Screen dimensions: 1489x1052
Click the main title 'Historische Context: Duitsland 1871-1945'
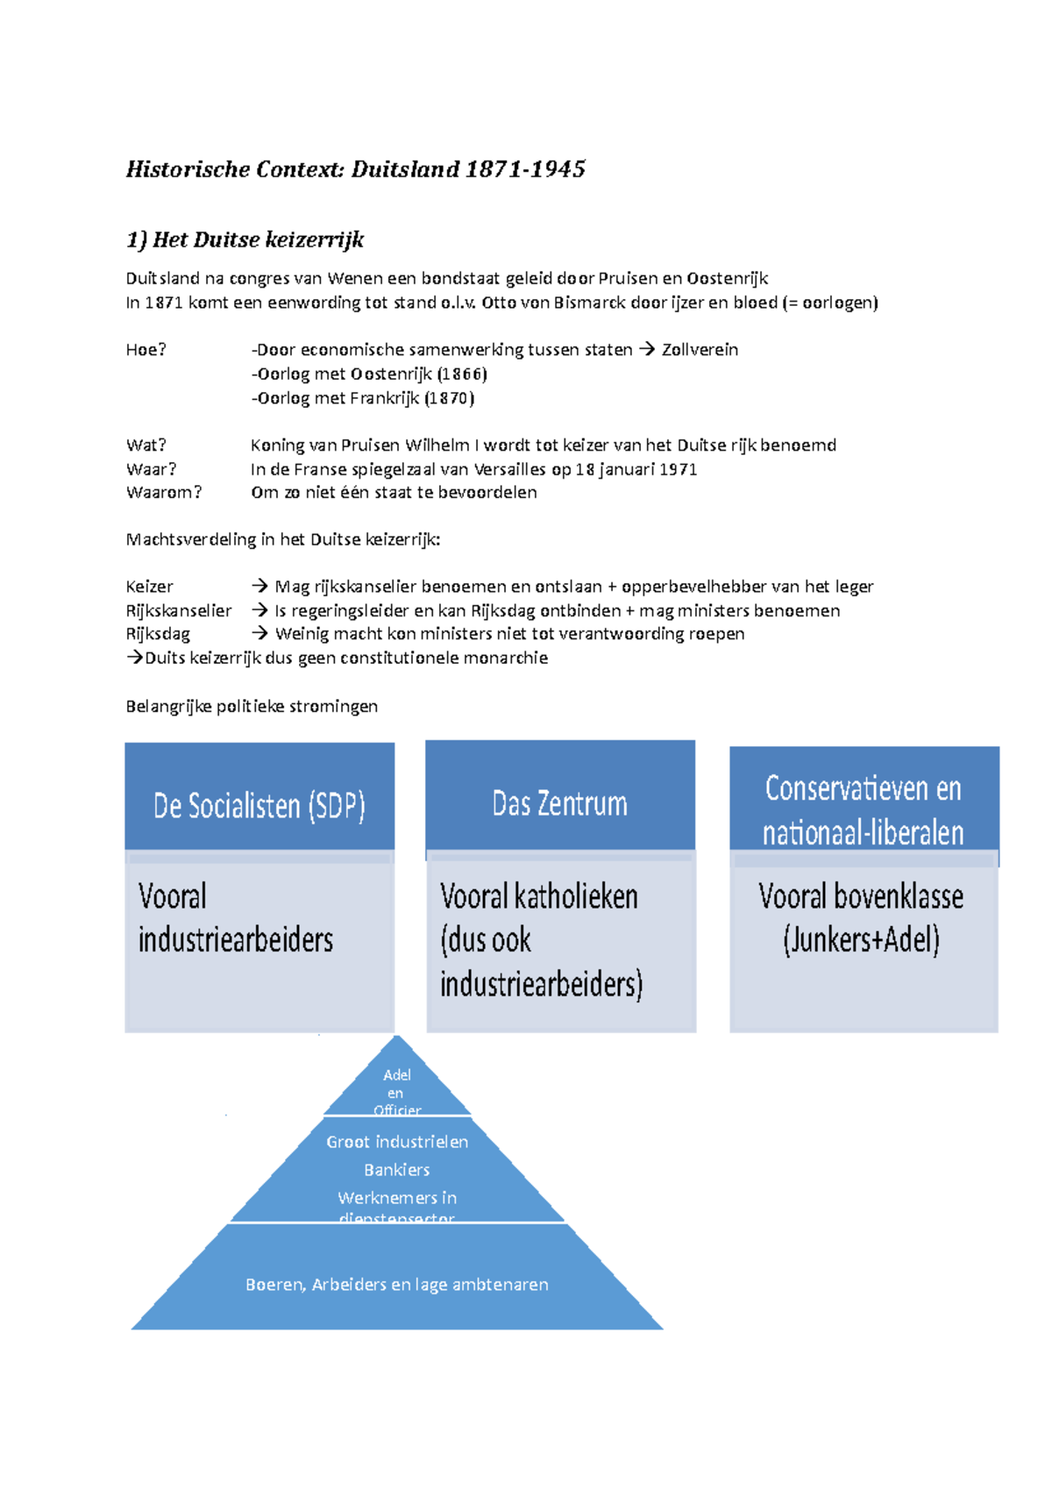tap(355, 169)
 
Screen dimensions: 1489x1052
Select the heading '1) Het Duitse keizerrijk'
tap(245, 239)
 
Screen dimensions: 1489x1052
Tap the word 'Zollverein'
tap(700, 350)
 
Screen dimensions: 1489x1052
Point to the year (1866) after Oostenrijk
tap(461, 374)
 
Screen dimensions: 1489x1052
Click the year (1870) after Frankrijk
tap(449, 398)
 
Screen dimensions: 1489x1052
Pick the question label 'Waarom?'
tap(164, 492)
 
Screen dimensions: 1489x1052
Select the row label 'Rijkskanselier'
tap(179, 610)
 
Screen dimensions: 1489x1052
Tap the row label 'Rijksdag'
tap(158, 634)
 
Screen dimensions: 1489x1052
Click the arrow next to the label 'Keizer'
tap(259, 586)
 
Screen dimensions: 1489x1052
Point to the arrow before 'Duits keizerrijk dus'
tap(134, 658)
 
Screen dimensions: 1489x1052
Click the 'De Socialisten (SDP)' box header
tap(259, 805)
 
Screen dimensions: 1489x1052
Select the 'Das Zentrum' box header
tap(559, 802)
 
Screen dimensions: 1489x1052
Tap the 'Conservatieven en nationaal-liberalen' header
tap(864, 809)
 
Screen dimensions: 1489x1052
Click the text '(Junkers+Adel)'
tap(861, 940)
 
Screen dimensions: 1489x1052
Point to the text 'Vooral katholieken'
tap(539, 896)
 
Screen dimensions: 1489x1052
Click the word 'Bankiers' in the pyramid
tap(397, 1170)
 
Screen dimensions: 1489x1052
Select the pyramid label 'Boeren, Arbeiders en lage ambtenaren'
tap(397, 1285)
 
